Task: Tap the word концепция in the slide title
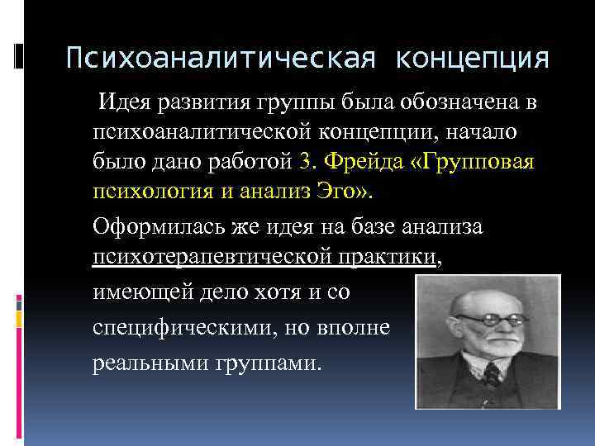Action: click(472, 59)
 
